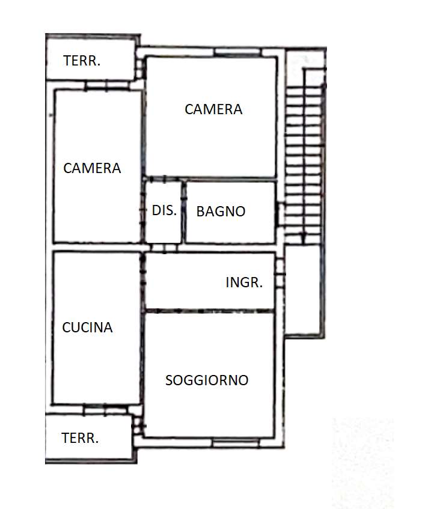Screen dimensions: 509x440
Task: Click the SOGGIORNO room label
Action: (x=207, y=380)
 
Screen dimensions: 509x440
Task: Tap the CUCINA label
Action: (x=88, y=328)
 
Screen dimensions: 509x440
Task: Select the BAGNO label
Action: (x=221, y=212)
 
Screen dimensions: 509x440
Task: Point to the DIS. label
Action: (x=164, y=210)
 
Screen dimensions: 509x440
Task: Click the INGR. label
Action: (x=244, y=282)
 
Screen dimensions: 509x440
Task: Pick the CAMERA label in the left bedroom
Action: (x=92, y=168)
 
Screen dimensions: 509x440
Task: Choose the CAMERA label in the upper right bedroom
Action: (x=213, y=109)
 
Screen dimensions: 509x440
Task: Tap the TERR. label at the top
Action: (x=82, y=61)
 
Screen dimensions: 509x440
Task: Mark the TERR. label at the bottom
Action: (x=80, y=438)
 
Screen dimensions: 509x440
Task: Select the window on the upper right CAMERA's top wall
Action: (x=237, y=53)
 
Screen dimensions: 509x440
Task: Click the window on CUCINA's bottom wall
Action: (x=106, y=409)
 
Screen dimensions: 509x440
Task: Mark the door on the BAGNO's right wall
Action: (x=279, y=214)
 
